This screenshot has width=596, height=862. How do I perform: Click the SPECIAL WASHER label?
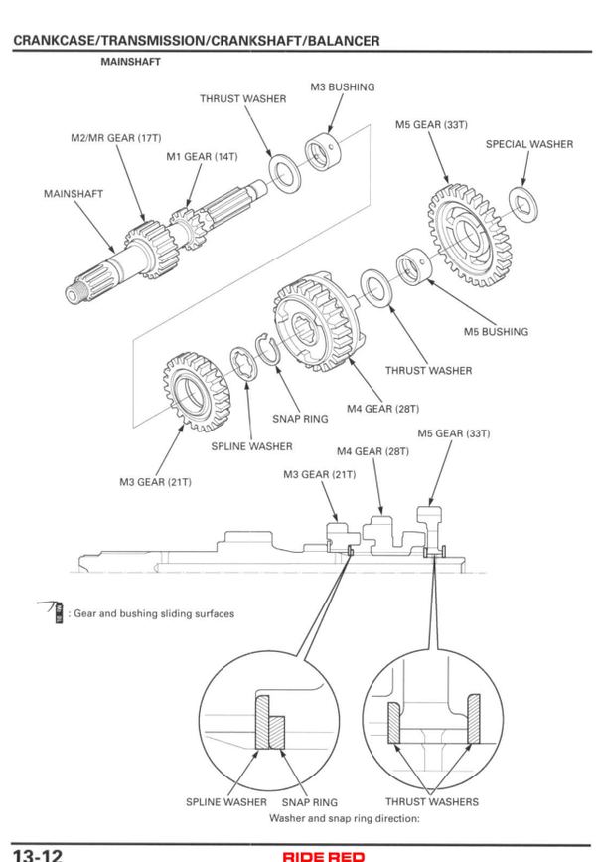point(529,144)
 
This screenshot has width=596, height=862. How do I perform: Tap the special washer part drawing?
point(522,204)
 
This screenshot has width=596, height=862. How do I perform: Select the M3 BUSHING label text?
point(343,87)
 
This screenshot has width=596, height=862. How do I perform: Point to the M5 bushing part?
point(413,266)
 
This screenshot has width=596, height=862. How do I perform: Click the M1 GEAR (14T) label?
point(202,157)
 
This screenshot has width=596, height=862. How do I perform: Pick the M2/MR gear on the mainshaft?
point(149,249)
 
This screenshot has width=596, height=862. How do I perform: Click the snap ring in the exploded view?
point(268,349)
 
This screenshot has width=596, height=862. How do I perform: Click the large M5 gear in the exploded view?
point(470,236)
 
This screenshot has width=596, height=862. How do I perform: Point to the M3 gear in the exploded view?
point(196,392)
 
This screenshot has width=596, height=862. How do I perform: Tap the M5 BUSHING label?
point(496,332)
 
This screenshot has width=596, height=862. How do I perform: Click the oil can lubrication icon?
point(52,610)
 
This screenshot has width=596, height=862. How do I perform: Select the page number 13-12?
point(37,855)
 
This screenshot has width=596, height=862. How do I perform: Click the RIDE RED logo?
point(324,856)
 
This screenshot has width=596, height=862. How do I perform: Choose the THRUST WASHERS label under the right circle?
point(432,802)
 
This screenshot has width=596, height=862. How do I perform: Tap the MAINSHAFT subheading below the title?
point(131,62)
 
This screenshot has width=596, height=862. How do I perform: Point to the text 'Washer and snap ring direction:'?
point(345,818)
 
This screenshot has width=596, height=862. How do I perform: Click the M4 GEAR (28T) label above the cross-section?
point(372,452)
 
